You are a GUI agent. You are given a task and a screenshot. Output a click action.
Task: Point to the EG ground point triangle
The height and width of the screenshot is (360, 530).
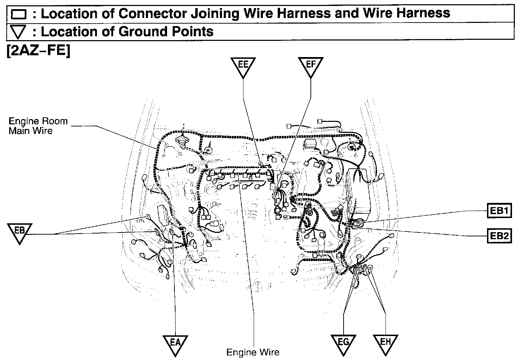pyautogui.click(x=343, y=344)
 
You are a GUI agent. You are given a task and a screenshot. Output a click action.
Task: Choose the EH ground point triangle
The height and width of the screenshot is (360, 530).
pyautogui.click(x=386, y=344)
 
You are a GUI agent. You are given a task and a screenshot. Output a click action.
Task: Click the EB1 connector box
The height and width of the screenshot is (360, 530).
pyautogui.click(x=499, y=211)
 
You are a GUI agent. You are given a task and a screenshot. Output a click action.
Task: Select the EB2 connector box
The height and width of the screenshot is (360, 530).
pyautogui.click(x=499, y=236)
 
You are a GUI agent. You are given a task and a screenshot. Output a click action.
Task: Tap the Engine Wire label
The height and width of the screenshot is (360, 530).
pyautogui.click(x=253, y=352)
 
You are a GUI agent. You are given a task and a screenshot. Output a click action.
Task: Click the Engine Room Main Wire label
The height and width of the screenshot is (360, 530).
pyautogui.click(x=38, y=126)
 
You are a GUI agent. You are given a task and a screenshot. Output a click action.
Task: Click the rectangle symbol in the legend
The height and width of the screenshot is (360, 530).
pyautogui.click(x=19, y=14)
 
